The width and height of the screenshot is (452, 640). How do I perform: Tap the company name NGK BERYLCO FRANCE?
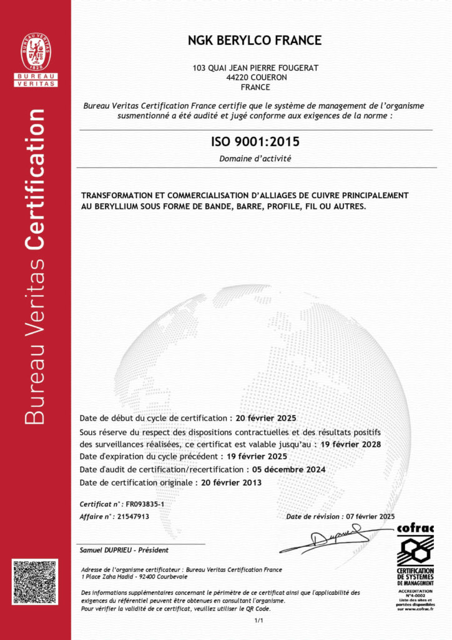tap(255, 41)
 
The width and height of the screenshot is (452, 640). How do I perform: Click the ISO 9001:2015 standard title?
tap(255, 143)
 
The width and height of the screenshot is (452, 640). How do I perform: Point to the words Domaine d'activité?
tap(255, 159)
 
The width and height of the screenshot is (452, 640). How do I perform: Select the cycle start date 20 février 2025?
tap(265, 417)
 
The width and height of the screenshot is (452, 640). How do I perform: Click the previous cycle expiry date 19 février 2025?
tap(256, 457)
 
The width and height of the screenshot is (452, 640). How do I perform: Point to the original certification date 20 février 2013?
tap(231, 482)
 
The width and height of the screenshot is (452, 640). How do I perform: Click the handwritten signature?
tap(334, 537)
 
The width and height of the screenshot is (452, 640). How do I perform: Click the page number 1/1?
tap(258, 620)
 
